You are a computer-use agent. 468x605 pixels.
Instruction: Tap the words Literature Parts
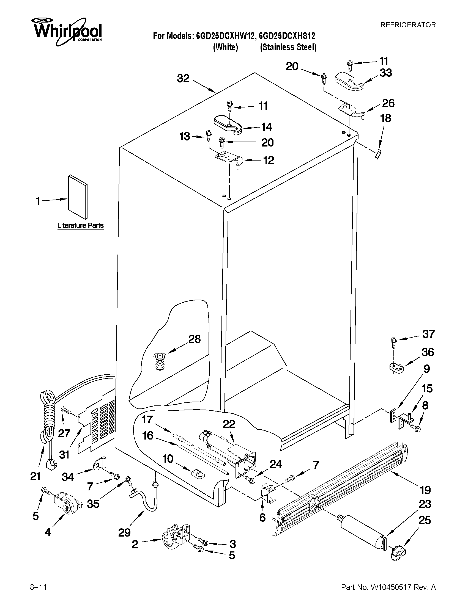[x=80, y=225]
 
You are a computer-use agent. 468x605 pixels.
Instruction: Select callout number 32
[x=183, y=79]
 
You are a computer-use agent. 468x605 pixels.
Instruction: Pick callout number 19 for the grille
[x=425, y=490]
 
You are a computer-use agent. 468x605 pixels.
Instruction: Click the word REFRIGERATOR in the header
[x=408, y=25]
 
